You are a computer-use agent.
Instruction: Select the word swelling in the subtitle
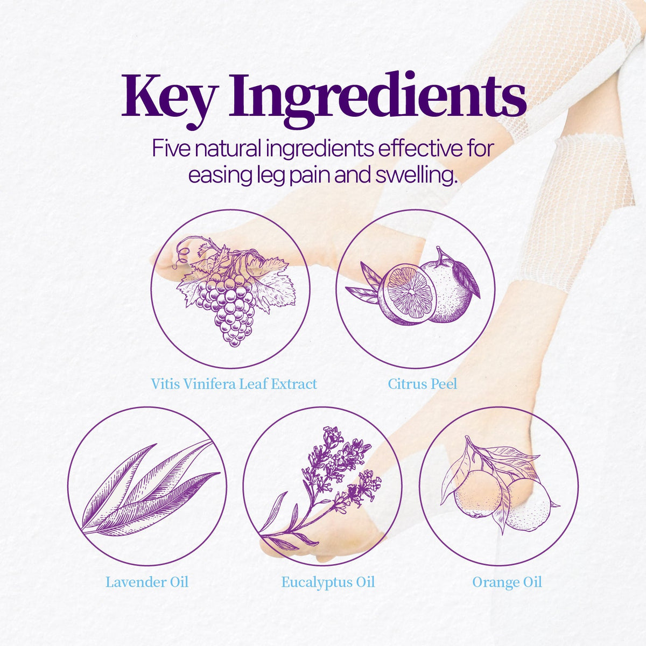point(416,176)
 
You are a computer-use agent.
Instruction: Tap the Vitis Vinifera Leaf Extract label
point(234,384)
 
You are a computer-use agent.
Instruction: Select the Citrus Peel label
point(423,384)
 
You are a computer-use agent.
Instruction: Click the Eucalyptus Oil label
point(328,582)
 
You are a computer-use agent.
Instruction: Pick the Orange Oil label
point(507,582)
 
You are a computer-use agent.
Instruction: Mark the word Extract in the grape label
point(294,384)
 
